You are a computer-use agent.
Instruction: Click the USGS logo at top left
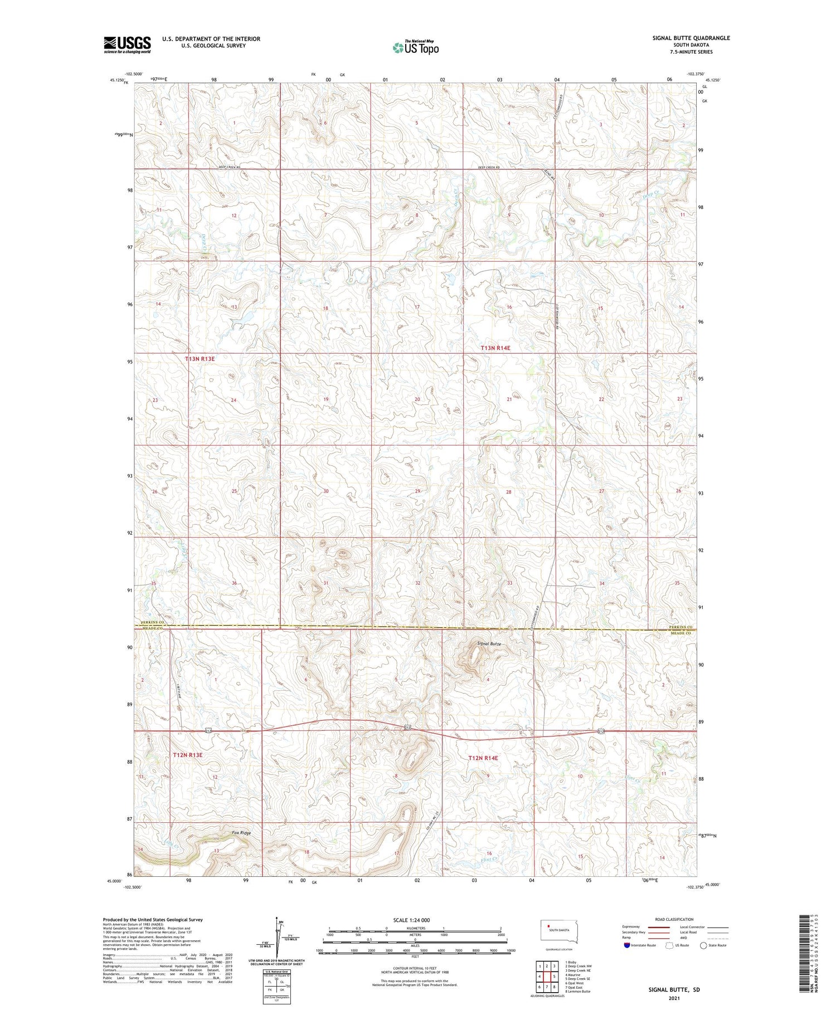click(127, 45)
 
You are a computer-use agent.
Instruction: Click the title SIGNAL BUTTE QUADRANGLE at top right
click(691, 38)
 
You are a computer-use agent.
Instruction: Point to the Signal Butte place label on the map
click(489, 643)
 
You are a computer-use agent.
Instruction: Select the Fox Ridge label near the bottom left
click(241, 833)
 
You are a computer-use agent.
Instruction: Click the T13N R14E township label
click(495, 348)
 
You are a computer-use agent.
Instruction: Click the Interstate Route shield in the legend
click(626, 945)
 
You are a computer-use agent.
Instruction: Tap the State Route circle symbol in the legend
click(703, 945)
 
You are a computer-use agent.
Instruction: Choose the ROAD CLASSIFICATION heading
click(674, 919)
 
